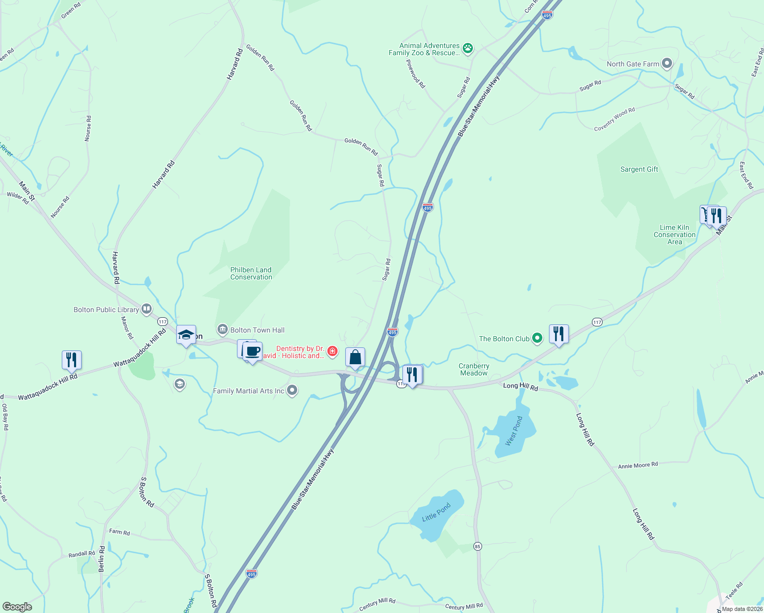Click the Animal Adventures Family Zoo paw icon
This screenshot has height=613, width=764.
pos(468,49)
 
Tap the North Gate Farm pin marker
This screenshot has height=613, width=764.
pos(666,64)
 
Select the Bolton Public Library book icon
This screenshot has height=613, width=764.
pos(147,309)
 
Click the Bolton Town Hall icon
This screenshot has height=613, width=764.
pos(222,329)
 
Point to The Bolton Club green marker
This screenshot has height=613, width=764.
pos(537,338)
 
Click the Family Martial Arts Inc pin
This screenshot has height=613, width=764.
pos(292,391)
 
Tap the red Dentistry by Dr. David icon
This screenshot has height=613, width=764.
pos(332,351)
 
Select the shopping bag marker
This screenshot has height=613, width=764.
pos(355,357)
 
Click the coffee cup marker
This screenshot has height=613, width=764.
pos(252,351)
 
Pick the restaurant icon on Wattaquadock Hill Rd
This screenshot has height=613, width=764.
pos(71,360)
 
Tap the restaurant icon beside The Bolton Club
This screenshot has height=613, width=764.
pos(559,334)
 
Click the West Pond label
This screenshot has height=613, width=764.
pos(514,431)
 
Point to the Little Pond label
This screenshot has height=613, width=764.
pos(436,512)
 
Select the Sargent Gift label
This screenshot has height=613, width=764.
pos(639,169)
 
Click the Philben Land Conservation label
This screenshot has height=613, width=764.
pos(251,273)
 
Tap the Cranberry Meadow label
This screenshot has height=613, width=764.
pos(474,369)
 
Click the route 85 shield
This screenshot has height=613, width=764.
pos(477,546)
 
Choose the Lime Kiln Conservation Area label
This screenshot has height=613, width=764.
pos(675,234)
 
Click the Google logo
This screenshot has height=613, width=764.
pos(17,607)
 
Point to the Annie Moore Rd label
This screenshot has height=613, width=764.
pos(638,465)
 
